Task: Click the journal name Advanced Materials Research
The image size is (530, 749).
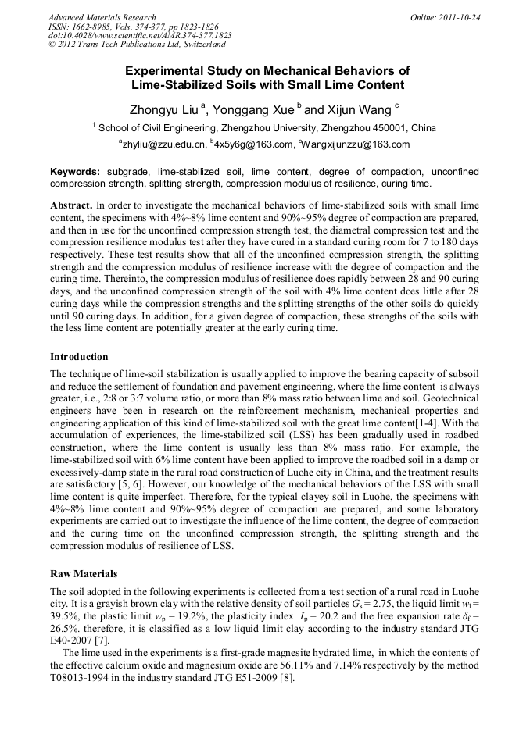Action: point(102,17)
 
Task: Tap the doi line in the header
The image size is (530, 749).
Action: point(140,36)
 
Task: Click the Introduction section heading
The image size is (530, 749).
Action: point(80,357)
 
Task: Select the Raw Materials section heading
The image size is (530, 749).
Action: point(84,573)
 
